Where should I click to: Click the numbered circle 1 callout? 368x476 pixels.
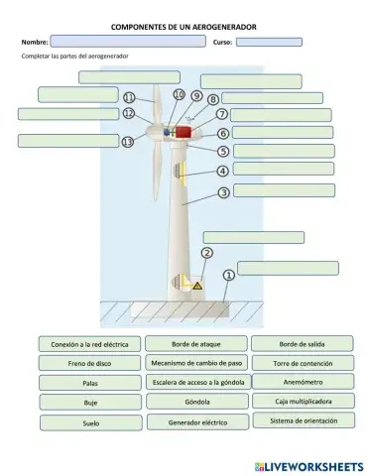coord(229,274)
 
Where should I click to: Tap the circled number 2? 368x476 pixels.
coord(207,253)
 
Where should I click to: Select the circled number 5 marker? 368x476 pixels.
coord(224,151)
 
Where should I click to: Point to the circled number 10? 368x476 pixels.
coord(179,94)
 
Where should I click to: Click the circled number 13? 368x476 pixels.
coord(127,143)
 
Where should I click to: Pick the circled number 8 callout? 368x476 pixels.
coord(214,99)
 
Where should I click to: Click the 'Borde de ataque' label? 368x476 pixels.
coord(196,344)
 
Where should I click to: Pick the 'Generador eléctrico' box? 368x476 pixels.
coord(196,421)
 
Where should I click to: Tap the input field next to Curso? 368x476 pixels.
coord(269,43)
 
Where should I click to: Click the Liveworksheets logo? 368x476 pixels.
coord(308,464)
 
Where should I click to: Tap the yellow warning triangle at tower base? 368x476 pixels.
coord(196,287)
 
